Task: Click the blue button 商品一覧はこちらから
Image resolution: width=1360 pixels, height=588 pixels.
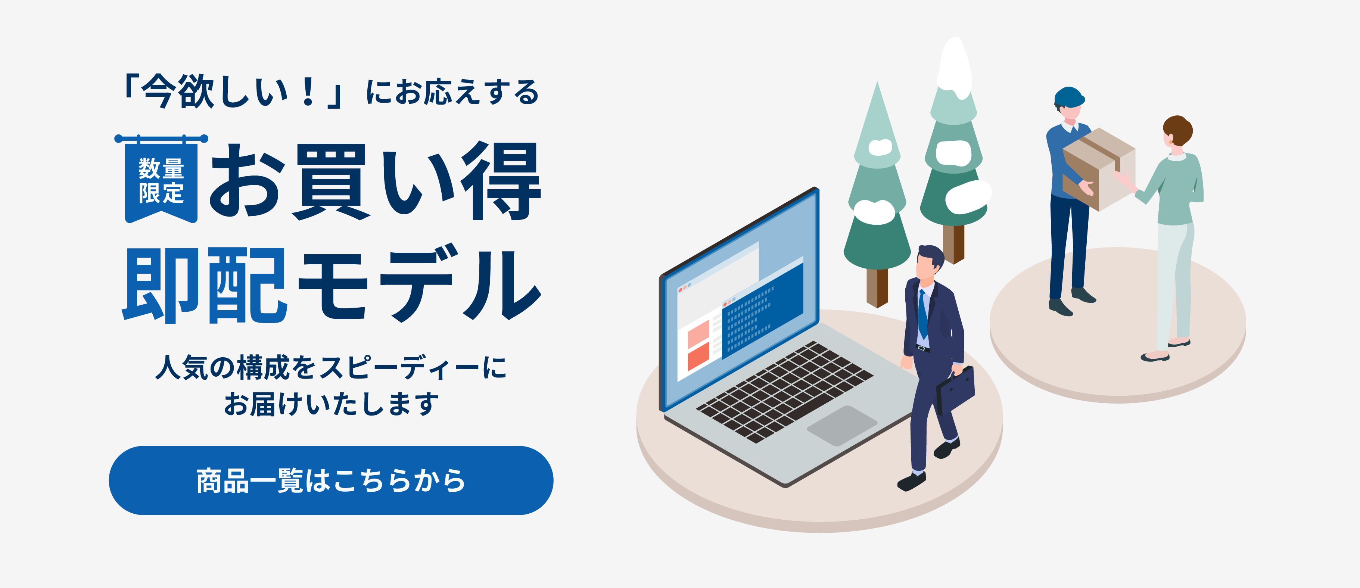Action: pos(331,480)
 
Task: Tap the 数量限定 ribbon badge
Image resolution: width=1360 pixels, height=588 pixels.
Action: pos(161,180)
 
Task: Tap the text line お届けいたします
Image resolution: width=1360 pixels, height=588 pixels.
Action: pos(331,404)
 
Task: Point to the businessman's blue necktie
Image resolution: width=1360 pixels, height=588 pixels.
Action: pos(922,314)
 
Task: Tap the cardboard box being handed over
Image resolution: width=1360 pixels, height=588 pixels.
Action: pos(1098,169)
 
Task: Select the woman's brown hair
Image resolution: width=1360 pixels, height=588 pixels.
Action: pos(1179,131)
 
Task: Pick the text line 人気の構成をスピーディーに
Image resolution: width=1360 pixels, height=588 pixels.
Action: pos(331,367)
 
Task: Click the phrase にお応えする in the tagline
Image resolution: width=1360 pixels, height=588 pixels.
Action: pos(452,92)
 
